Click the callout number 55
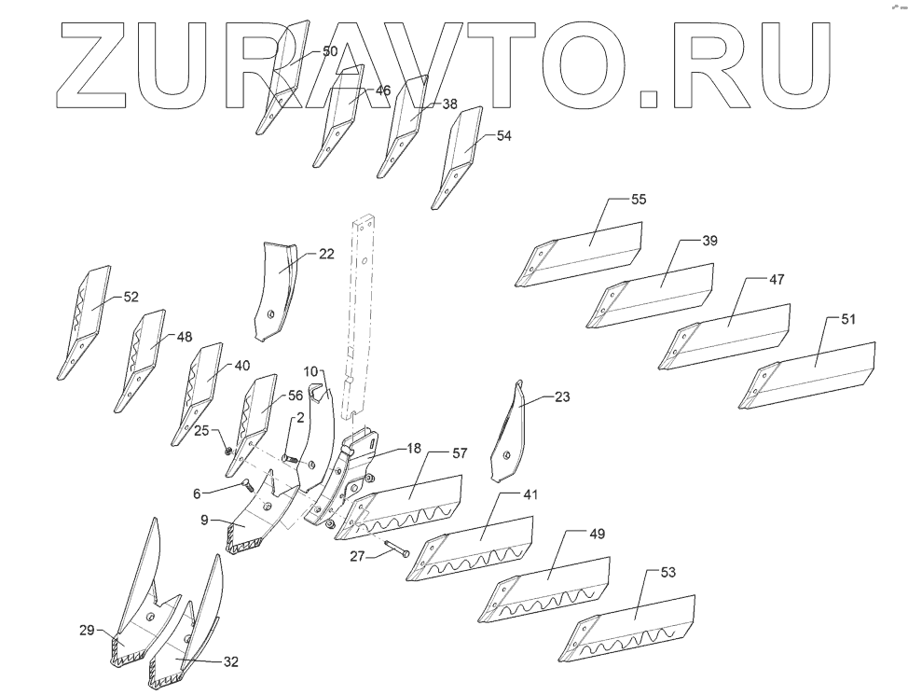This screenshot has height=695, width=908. point(639,200)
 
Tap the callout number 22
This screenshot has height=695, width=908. point(326,254)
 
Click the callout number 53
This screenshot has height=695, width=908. point(667,572)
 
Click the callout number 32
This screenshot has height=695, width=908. point(231,661)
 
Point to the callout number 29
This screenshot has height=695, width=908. point(87,632)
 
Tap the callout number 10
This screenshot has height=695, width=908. point(310,371)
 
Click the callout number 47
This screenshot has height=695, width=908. point(777,280)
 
